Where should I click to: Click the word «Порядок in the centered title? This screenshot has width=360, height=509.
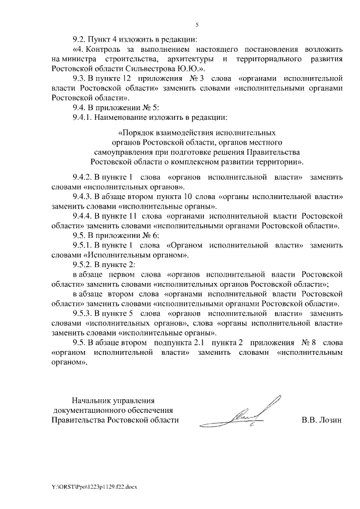[x=135, y=133]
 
